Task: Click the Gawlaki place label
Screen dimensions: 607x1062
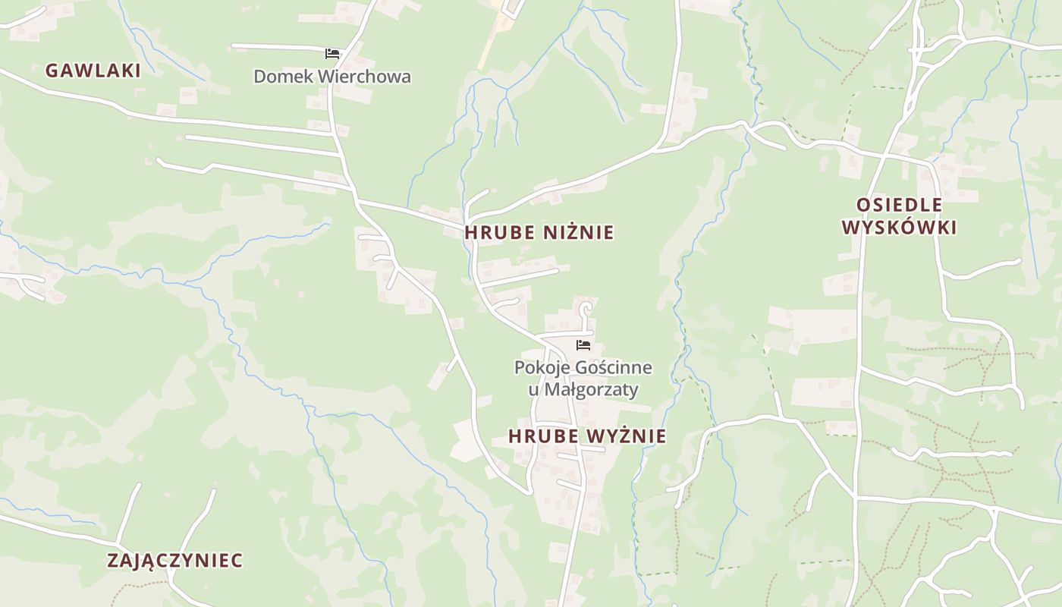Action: tap(93, 71)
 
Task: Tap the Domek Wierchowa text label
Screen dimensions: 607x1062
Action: tap(332, 77)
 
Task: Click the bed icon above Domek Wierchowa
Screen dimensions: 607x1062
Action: tap(332, 53)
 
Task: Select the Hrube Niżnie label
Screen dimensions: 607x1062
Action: tap(539, 233)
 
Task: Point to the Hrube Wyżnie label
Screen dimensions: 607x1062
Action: tap(587, 436)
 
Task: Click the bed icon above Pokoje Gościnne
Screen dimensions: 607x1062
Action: tap(583, 345)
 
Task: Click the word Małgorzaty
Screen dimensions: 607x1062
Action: tap(594, 390)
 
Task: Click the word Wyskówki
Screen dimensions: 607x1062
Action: tap(899, 228)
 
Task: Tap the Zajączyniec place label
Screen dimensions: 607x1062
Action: tap(174, 561)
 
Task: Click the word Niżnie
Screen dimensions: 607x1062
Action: tap(578, 233)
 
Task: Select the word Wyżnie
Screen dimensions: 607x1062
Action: tap(628, 436)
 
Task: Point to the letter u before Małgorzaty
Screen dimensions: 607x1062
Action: tap(533, 390)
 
